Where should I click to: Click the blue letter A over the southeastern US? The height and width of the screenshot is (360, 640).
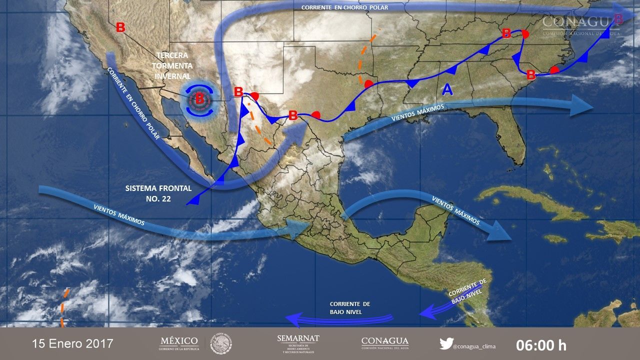447,89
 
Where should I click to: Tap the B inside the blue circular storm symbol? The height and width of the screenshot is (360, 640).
199,98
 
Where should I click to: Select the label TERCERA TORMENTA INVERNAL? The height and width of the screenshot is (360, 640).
173,65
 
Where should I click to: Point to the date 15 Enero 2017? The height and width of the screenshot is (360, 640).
72,344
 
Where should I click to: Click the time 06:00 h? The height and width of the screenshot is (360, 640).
541,344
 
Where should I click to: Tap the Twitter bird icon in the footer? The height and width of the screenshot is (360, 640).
446,343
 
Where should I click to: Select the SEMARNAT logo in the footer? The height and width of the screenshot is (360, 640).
298,343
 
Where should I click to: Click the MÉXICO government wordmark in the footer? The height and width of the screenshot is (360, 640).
179,343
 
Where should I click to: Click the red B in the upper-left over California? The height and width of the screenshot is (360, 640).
120,27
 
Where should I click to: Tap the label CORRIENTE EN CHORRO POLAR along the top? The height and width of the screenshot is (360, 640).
344,7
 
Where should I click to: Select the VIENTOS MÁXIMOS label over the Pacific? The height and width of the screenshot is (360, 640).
119,213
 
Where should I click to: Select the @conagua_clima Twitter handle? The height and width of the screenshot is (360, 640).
473,344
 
